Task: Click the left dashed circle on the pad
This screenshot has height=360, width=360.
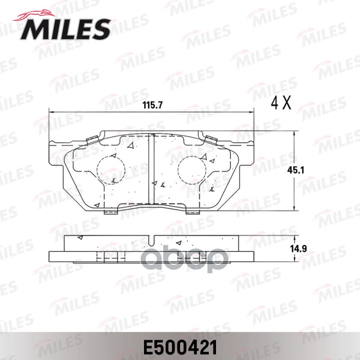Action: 111,170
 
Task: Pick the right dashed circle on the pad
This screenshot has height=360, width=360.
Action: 192,170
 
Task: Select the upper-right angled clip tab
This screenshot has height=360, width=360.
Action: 210,139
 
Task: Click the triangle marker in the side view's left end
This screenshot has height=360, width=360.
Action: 80,237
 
